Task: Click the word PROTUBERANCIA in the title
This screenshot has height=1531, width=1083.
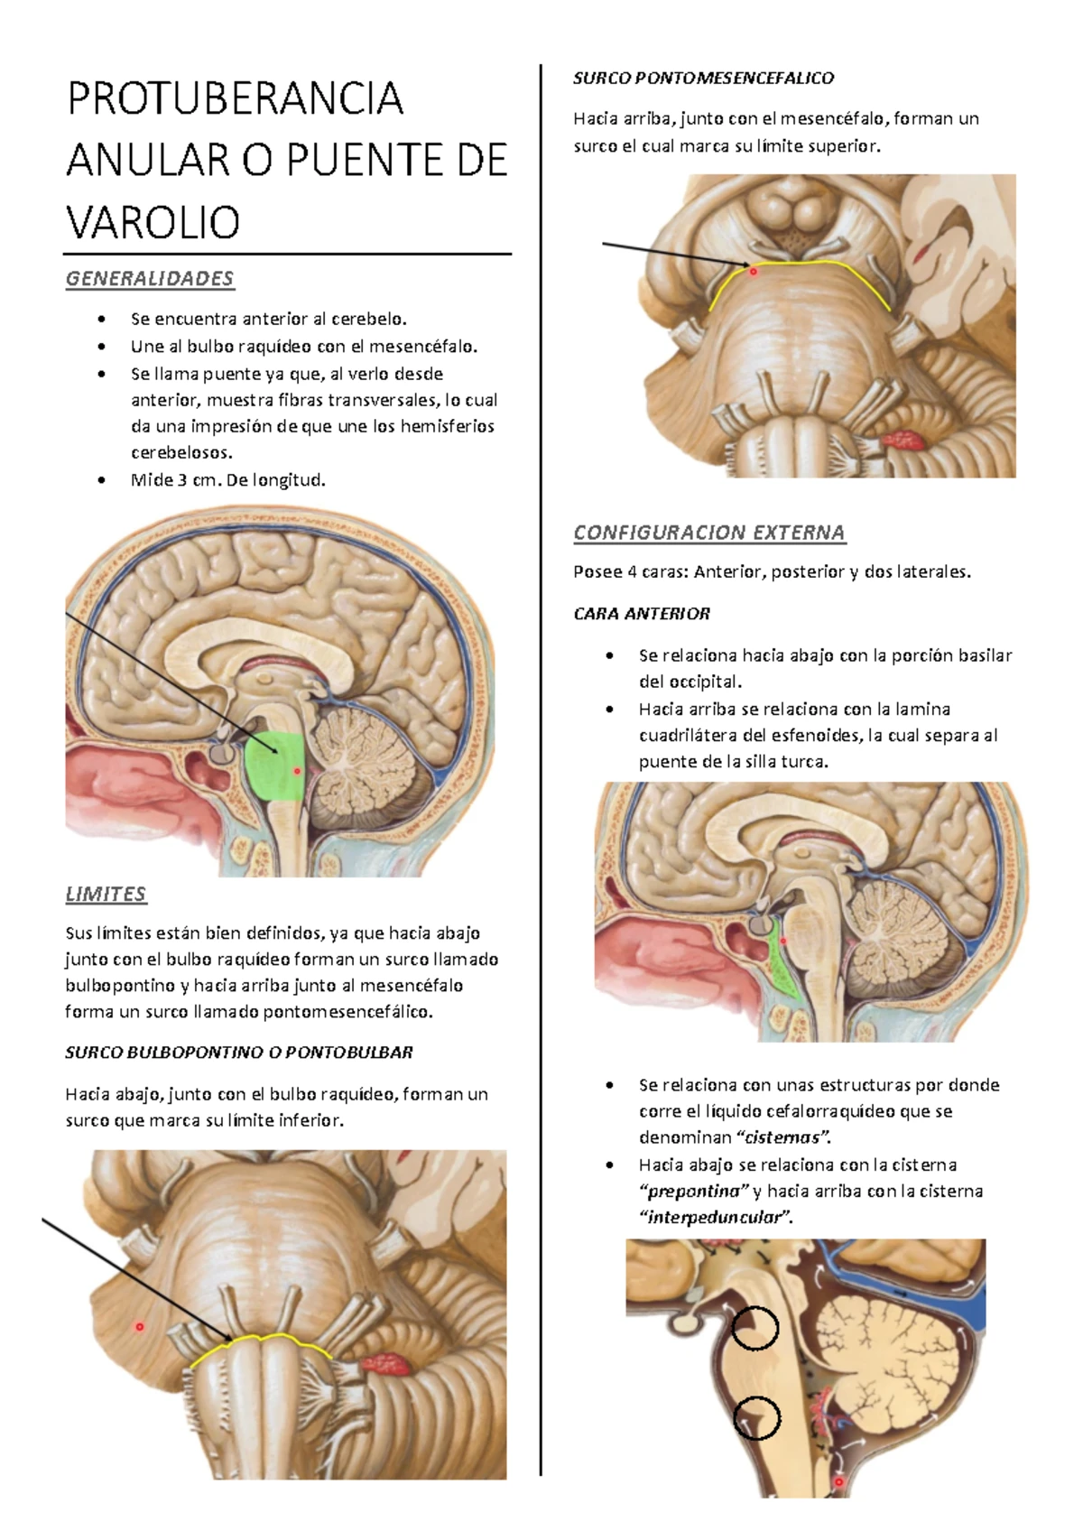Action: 235,98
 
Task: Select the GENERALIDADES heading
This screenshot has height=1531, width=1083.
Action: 150,279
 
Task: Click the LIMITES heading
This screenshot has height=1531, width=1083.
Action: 106,894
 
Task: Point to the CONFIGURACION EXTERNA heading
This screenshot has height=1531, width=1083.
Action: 709,533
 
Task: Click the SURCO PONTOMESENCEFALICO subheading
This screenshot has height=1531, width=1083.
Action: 704,79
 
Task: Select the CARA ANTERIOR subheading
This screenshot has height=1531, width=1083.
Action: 642,614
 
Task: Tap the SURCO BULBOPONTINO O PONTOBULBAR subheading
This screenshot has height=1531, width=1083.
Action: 239,1052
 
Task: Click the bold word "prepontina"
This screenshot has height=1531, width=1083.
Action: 694,1192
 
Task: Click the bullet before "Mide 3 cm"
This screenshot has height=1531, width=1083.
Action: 102,480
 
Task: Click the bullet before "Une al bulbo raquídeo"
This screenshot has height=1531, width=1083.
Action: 102,347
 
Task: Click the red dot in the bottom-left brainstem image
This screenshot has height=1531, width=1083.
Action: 140,1327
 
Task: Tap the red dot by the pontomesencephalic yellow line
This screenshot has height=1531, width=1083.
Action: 754,272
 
